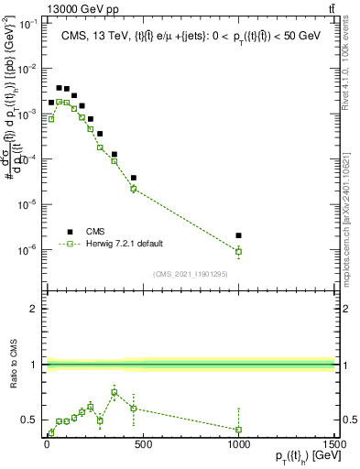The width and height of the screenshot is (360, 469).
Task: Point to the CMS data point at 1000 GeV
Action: [238, 235]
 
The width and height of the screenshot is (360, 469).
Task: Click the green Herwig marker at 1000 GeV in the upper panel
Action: [238, 251]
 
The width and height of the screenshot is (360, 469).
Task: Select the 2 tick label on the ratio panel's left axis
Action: [32, 310]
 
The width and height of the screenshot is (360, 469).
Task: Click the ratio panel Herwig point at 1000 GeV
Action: [238, 429]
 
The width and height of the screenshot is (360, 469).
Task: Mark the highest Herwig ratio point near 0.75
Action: [114, 392]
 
